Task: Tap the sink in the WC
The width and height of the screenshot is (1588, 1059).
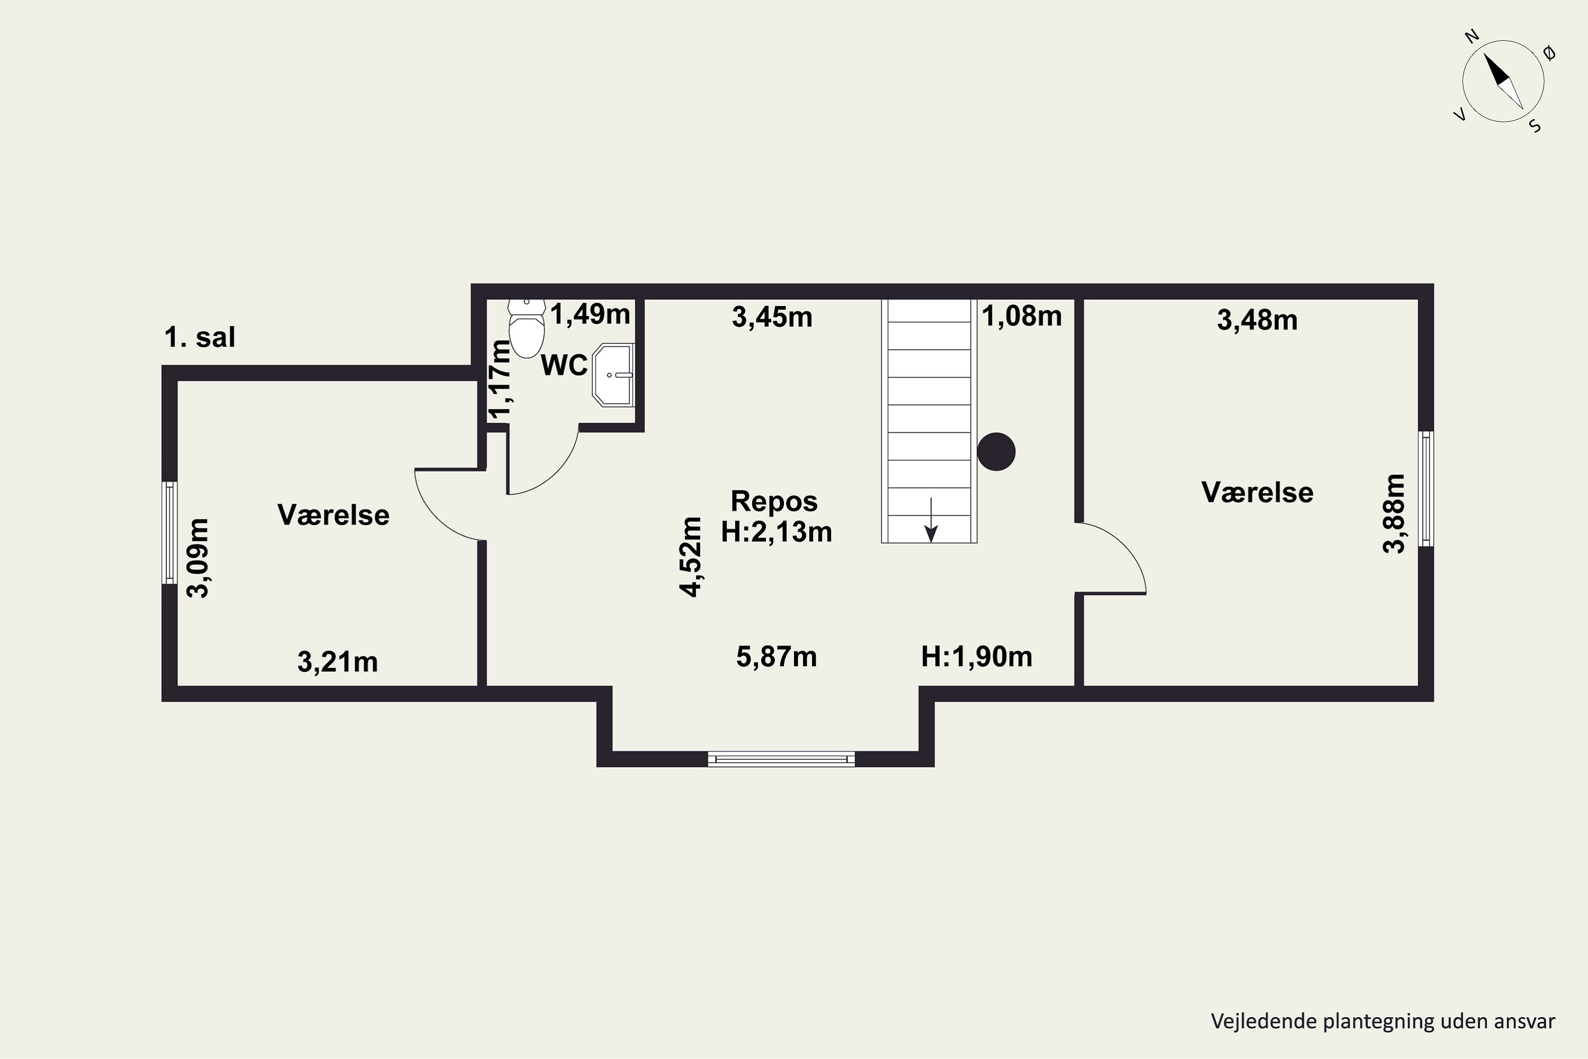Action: coord(613,375)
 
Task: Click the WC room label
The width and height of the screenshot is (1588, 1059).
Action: coord(564,365)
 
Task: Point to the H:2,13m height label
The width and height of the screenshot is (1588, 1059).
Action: coord(777,532)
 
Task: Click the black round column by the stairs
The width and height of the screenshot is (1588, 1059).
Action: coord(997,451)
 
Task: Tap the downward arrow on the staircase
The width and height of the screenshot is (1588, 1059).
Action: coord(931,520)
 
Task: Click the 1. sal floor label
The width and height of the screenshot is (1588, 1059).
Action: coord(200,337)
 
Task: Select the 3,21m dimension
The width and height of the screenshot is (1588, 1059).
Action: coord(338,662)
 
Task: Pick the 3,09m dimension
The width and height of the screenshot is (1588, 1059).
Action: coord(199,558)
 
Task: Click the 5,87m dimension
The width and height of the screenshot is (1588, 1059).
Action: coord(777,657)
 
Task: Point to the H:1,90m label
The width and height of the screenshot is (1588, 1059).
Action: coord(977,657)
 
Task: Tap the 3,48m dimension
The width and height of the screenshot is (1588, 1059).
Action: coord(1257,320)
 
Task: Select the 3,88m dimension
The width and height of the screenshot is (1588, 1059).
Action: coord(1394,514)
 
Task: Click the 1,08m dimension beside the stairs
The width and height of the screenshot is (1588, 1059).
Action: coord(1022,316)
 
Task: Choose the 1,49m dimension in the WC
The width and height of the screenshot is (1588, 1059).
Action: coord(590,314)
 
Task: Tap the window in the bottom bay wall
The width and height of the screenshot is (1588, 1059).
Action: coord(781,759)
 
